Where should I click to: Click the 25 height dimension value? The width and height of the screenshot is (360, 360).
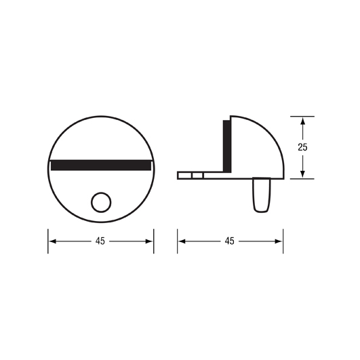point(302,147)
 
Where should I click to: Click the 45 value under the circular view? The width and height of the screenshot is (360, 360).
point(100,241)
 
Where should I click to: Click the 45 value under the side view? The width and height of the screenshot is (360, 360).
point(230,241)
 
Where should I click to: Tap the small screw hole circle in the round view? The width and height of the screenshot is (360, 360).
point(101,202)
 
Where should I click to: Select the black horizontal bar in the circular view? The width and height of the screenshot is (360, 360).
point(101,165)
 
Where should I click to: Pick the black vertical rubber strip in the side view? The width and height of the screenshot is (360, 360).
point(227,146)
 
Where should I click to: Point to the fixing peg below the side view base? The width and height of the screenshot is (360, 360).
point(262,195)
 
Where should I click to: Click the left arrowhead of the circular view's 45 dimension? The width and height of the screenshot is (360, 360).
point(53,241)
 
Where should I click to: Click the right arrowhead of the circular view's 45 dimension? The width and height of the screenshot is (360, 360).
point(148,241)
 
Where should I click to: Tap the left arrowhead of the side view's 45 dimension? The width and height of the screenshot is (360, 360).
point(182,241)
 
